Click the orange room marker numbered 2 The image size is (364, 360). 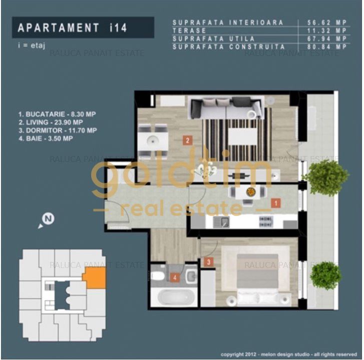(187, 140)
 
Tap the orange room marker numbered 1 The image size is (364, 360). (276, 203)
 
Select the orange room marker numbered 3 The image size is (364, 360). (209, 262)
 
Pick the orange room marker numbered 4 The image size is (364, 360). (175, 277)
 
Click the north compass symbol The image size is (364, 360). (47, 220)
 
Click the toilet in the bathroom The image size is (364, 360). (158, 275)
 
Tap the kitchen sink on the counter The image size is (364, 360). (221, 222)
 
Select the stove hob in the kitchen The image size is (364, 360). (266, 221)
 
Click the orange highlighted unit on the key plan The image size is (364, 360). (95, 277)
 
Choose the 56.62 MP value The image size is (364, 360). (327, 22)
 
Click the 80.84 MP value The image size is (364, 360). (327, 46)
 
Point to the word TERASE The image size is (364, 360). (189, 30)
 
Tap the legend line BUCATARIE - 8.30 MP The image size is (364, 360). (57, 114)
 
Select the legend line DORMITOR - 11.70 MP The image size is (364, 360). (58, 130)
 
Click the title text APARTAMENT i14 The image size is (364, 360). (72, 27)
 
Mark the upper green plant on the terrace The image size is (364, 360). (325, 177)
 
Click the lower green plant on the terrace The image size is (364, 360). (325, 276)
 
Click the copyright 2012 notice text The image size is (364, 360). (289, 354)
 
